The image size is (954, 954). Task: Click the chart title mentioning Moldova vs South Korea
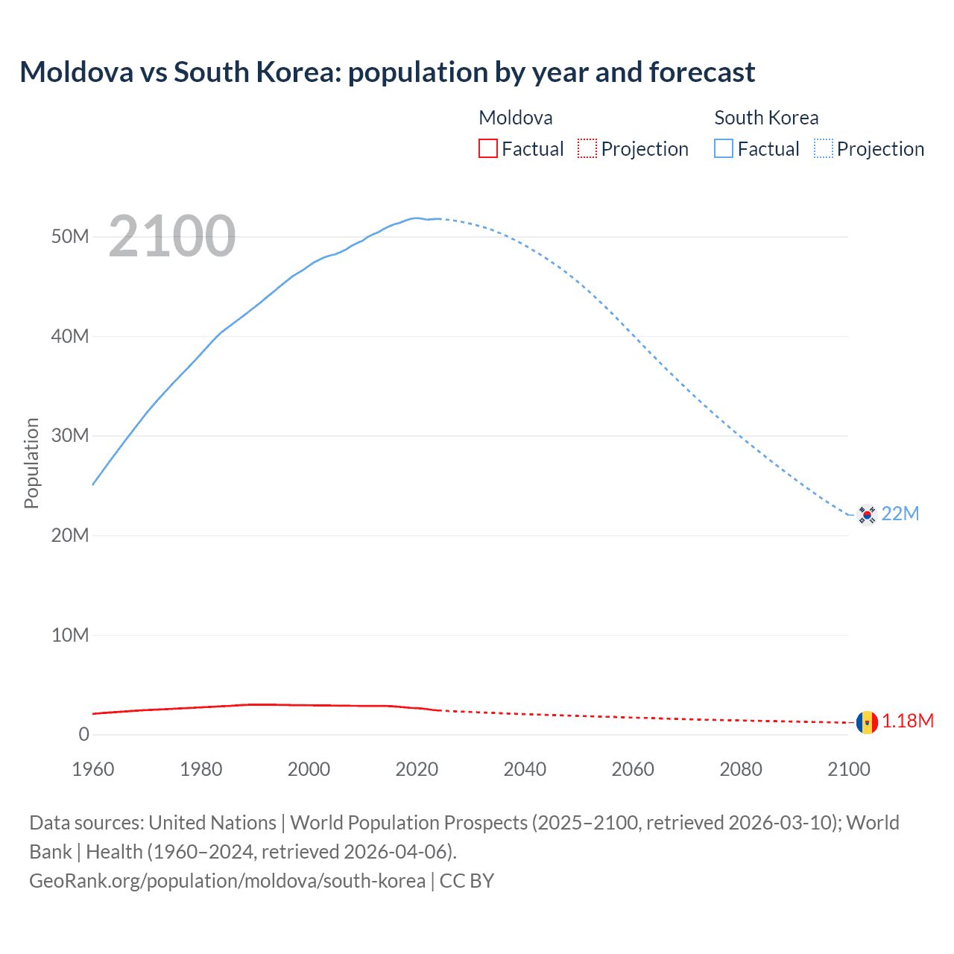click(x=387, y=72)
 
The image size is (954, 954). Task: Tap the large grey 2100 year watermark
click(x=172, y=236)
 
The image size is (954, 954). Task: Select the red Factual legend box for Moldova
click(x=487, y=148)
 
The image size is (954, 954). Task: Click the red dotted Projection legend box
click(x=587, y=148)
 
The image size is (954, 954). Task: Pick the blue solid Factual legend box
click(x=724, y=148)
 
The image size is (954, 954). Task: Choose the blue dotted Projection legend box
click(x=823, y=148)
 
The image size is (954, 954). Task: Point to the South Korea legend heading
click(x=766, y=118)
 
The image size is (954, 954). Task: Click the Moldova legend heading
click(x=516, y=118)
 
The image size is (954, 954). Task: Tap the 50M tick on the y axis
click(x=70, y=237)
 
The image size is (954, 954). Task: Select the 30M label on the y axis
click(x=70, y=436)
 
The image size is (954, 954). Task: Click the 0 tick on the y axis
click(x=83, y=735)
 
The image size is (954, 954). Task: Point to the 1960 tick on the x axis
click(x=93, y=769)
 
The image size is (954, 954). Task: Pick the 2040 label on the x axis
click(x=525, y=769)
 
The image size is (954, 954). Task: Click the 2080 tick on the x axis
click(x=741, y=769)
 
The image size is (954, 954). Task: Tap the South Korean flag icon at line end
click(x=867, y=514)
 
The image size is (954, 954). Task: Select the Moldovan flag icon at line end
click(x=867, y=721)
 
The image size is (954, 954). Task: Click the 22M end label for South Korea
click(x=900, y=514)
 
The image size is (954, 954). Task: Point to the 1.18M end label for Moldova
click(x=908, y=721)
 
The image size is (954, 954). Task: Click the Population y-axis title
click(x=31, y=463)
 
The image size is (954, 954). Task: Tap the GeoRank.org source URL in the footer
click(x=227, y=881)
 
